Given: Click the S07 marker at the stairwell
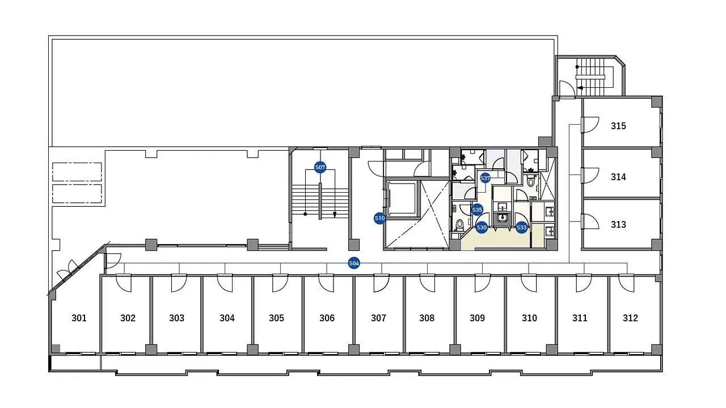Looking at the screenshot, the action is coord(320,167).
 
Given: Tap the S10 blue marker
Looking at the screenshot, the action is coord(379,218).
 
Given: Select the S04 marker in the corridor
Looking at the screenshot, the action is coord(354,263).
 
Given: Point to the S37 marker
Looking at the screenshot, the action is coord(485,178).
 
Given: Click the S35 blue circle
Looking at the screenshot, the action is coord(477,210).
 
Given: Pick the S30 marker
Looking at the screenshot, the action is coord(482,228).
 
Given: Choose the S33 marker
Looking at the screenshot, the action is coord(521,228).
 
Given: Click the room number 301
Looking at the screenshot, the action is coord(79,318).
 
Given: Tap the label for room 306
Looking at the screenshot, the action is coord(327,318).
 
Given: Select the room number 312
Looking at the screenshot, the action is coord(630,318).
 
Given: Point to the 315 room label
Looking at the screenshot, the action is coord(618,126).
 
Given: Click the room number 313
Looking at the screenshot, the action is coord(618,224).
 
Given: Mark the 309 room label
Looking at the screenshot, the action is coord(478,318).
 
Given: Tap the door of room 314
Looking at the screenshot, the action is coord(590,176).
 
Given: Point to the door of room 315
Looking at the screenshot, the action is coord(590,125).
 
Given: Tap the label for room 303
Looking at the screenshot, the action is coord(176,318).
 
